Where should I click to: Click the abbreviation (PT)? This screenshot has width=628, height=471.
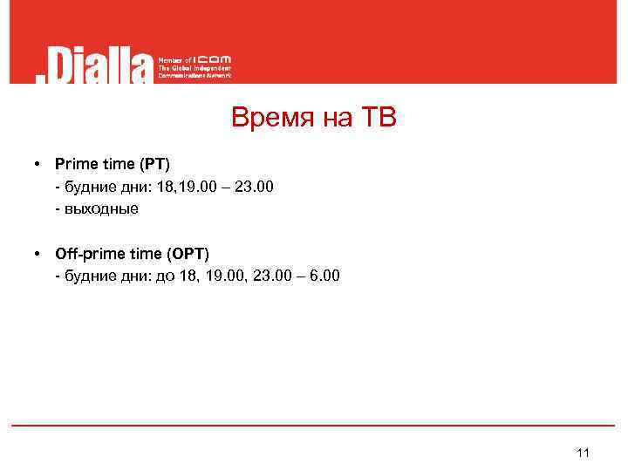coord(155,163)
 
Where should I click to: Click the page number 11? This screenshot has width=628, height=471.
coord(584,452)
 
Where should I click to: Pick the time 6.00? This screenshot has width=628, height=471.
coord(324,276)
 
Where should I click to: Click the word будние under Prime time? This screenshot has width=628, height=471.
coord(86,186)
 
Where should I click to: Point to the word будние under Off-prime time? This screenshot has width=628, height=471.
coord(86,276)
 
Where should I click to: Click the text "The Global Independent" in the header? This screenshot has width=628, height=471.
coord(195,68)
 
